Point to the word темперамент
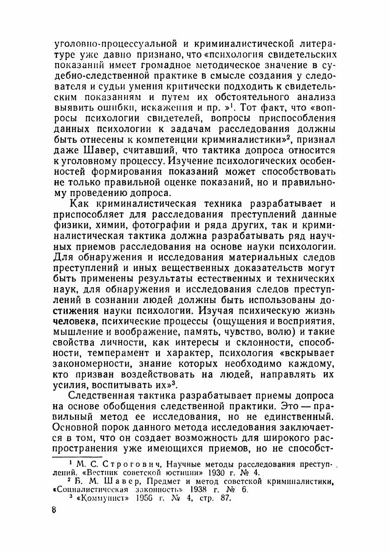pos(127,354)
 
